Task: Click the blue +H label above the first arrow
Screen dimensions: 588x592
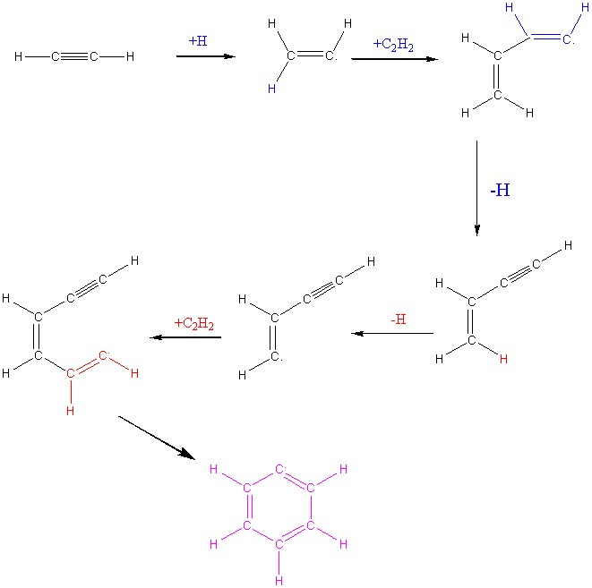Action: (x=198, y=40)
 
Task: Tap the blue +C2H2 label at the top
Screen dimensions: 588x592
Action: (x=392, y=44)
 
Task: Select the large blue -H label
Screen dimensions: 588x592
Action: (x=499, y=191)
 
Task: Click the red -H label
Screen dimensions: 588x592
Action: (x=399, y=319)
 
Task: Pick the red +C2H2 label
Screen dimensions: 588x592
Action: (x=194, y=323)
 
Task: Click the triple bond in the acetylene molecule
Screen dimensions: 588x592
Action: (x=74, y=57)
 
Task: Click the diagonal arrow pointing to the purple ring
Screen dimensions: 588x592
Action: (x=157, y=437)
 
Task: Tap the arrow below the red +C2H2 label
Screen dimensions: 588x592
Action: (x=184, y=337)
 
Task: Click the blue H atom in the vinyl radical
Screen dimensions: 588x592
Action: (x=271, y=89)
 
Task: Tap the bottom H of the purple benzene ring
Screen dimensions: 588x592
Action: (x=279, y=580)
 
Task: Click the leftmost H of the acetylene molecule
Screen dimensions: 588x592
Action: (x=19, y=57)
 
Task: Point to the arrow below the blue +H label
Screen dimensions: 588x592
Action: (x=205, y=56)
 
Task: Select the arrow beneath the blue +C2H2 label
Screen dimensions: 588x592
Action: (x=394, y=59)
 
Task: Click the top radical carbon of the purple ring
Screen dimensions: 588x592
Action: (x=279, y=468)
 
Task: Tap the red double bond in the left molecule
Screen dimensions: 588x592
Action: (x=86, y=366)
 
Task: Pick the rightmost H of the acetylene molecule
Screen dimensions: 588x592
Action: (x=130, y=57)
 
